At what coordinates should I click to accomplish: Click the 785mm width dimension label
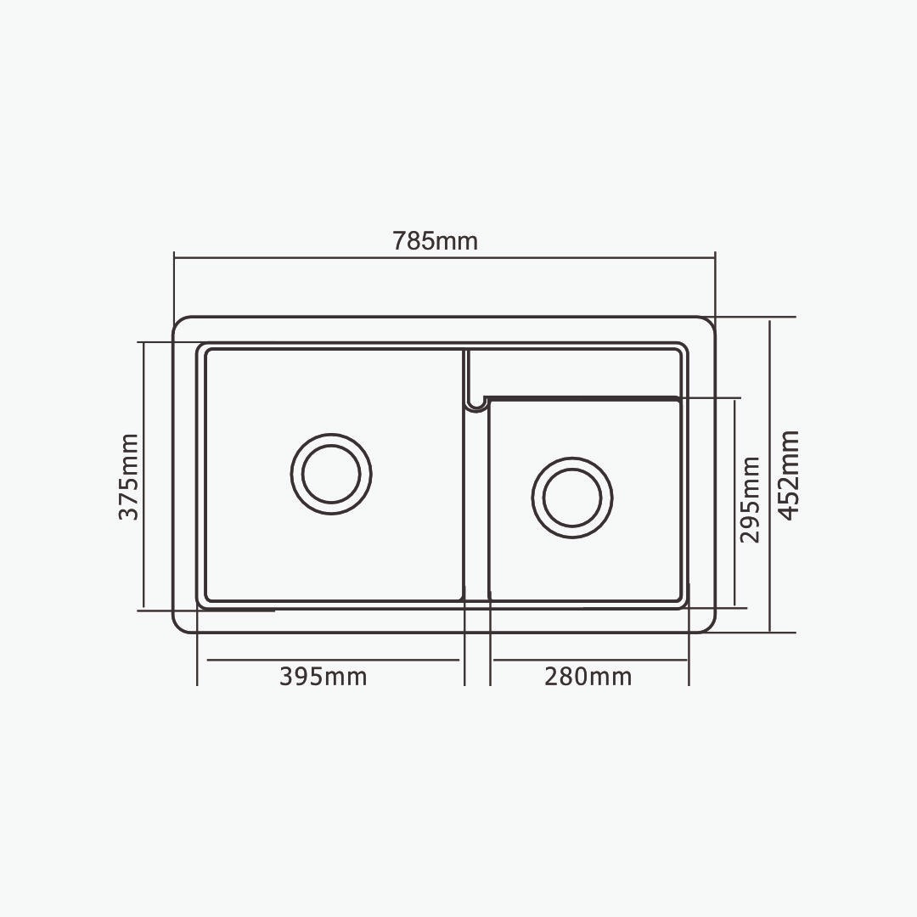click(435, 241)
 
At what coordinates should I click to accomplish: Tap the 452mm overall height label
click(789, 475)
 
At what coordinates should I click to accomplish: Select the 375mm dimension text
click(129, 476)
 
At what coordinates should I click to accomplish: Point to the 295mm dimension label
click(750, 500)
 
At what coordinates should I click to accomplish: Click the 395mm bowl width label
click(323, 677)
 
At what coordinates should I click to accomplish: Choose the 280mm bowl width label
click(588, 677)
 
